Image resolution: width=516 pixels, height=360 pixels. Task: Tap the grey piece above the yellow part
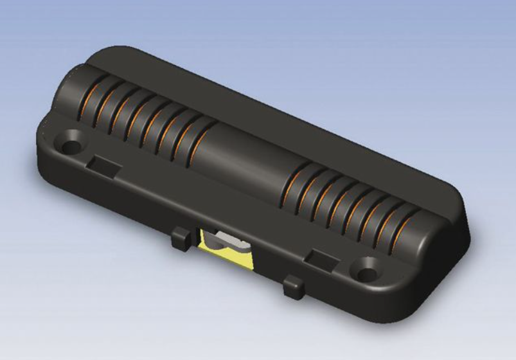click(227, 240)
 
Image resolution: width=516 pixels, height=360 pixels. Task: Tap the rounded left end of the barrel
click(64, 96)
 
